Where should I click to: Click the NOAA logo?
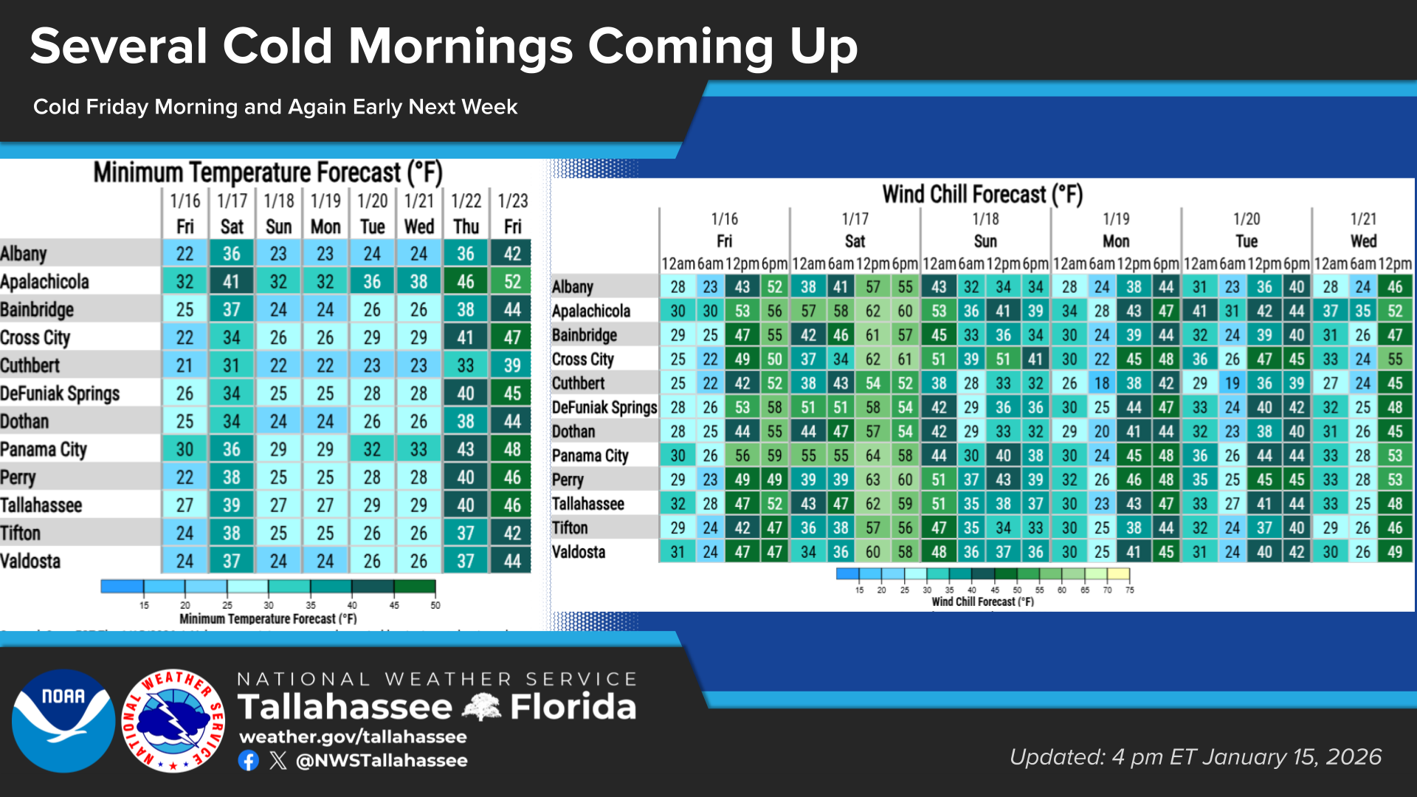63,720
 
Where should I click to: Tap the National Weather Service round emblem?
173,720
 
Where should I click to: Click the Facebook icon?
249,761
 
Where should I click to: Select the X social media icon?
278,761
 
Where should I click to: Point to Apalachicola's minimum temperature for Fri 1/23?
512,282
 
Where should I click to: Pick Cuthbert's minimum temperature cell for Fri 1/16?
185,365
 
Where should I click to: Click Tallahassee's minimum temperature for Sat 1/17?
231,506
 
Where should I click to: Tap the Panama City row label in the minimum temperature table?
44,449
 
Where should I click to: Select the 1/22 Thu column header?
466,213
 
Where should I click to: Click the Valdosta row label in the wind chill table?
579,552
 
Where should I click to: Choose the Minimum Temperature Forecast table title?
267,173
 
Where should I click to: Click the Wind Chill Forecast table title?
982,195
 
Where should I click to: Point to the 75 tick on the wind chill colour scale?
1130,590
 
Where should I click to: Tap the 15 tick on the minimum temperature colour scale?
144,605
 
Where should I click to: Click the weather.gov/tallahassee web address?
353,736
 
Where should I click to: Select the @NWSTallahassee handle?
382,761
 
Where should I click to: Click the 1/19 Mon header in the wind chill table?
1116,230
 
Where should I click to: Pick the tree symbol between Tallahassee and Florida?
481,707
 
